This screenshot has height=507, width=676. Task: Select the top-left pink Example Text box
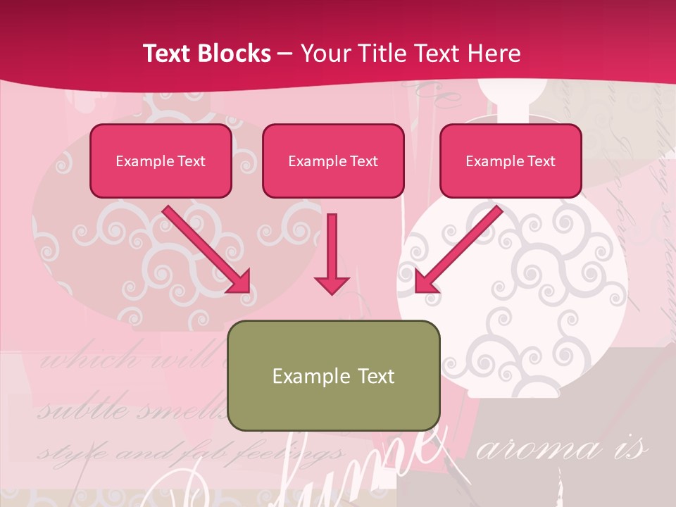pyautogui.click(x=161, y=161)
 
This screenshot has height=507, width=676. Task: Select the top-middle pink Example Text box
pyautogui.click(x=333, y=161)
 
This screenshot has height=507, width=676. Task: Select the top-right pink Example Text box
pyautogui.click(x=511, y=161)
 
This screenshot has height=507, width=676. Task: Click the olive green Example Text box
pyautogui.click(x=334, y=375)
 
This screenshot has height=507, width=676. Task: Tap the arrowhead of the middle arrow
pyautogui.click(x=332, y=283)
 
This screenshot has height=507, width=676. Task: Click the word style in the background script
pyautogui.click(x=59, y=453)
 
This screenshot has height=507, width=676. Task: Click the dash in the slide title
pyautogui.click(x=285, y=54)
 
